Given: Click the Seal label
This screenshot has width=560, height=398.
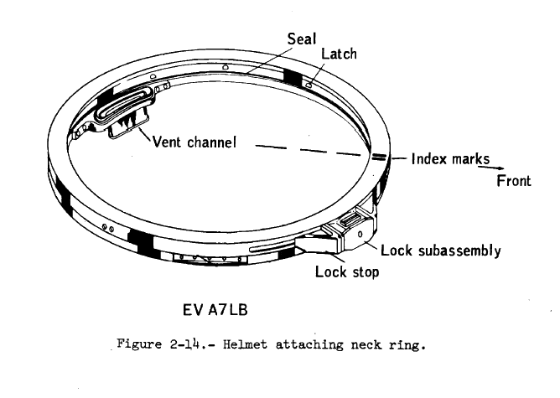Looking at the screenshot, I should [x=302, y=39].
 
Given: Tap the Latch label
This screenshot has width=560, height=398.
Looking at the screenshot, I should [x=339, y=54].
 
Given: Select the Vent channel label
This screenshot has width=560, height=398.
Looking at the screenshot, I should [x=195, y=142].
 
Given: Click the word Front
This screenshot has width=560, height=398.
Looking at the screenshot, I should [x=513, y=181].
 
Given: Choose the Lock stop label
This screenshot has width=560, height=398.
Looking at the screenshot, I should [x=347, y=271].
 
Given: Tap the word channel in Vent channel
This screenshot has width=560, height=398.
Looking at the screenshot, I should [x=211, y=142].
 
